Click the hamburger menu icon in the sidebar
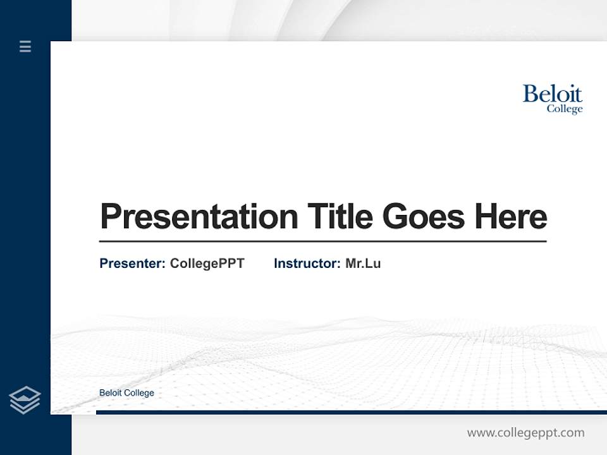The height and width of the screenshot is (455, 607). pyautogui.click(x=25, y=46)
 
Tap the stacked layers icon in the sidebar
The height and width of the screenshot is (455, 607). pyautogui.click(x=25, y=400)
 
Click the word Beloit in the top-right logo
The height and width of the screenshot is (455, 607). pyautogui.click(x=552, y=94)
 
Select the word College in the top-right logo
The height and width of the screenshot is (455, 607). pyautogui.click(x=564, y=109)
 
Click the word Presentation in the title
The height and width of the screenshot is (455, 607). pyautogui.click(x=199, y=217)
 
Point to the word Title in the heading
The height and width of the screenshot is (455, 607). pyautogui.click(x=340, y=216)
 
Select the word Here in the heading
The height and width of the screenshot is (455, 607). pyautogui.click(x=511, y=216)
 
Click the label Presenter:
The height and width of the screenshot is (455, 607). pyautogui.click(x=132, y=264)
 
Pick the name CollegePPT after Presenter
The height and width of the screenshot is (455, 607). pyautogui.click(x=207, y=264)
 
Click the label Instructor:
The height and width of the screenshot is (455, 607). pyautogui.click(x=307, y=264)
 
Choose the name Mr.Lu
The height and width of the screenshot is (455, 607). pyautogui.click(x=363, y=264)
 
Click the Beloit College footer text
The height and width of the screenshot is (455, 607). pyautogui.click(x=126, y=393)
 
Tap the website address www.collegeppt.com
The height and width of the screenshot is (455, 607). pyautogui.click(x=525, y=433)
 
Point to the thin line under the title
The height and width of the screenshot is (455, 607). pyautogui.click(x=322, y=241)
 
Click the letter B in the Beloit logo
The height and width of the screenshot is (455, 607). pyautogui.click(x=530, y=94)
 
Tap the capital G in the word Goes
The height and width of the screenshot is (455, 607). pyautogui.click(x=395, y=217)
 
